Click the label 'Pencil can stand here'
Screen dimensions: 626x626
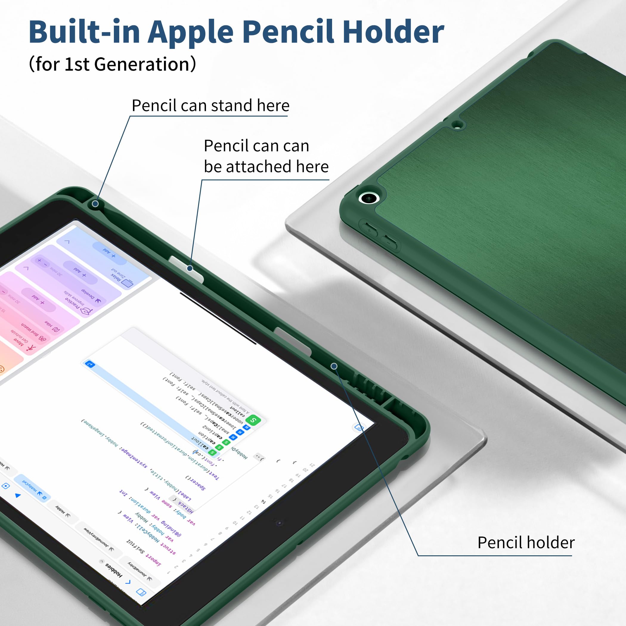(210, 106)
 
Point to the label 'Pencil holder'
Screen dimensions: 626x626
(526, 543)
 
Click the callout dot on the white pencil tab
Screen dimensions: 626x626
(190, 268)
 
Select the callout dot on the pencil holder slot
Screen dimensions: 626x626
(334, 366)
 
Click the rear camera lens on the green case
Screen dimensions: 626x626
(369, 197)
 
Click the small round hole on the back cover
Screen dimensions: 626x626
(457, 124)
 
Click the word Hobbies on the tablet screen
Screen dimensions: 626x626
(114, 570)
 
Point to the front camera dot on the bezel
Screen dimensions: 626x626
(279, 523)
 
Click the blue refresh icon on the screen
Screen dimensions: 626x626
(90, 365)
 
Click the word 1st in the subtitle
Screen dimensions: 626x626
(77, 64)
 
